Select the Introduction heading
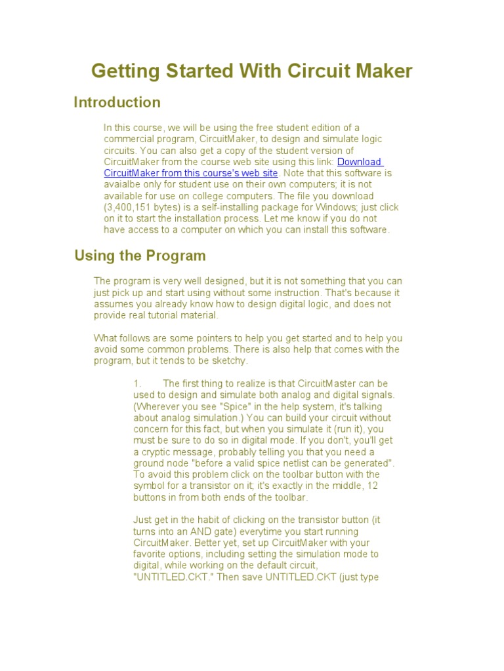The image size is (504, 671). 117,102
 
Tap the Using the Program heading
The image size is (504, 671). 140,255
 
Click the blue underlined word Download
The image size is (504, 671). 359,162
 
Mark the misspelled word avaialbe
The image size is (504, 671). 123,185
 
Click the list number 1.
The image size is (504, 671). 136,383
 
